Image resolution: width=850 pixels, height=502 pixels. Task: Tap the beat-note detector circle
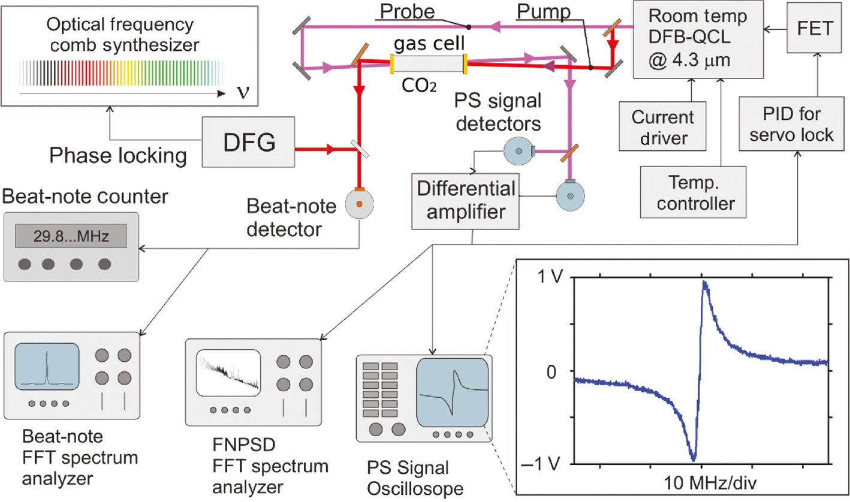[x=359, y=204]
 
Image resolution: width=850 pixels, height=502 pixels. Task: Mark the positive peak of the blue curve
[x=704, y=283]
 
